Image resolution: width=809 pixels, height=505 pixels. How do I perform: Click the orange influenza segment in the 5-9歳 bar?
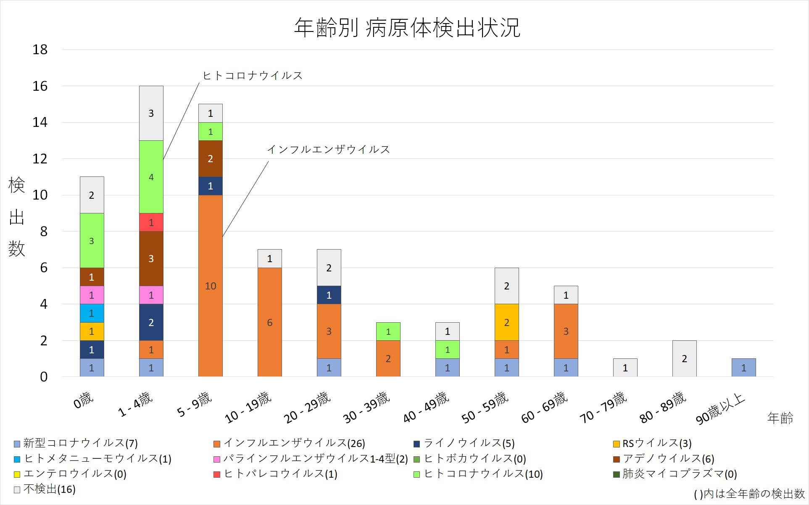click(x=210, y=286)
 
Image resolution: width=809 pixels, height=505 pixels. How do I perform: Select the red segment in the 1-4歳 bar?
click(x=151, y=222)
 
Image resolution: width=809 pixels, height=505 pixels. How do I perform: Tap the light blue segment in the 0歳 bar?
click(x=92, y=313)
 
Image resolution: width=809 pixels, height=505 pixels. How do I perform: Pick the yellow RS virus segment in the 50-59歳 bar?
click(x=506, y=322)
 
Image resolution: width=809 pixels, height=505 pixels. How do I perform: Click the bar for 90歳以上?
click(x=743, y=368)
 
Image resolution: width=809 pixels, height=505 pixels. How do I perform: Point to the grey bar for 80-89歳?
click(x=684, y=358)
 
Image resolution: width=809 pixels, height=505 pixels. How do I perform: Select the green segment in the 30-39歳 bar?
click(x=388, y=331)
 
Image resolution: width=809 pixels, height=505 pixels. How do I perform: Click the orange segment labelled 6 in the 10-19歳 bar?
click(x=269, y=322)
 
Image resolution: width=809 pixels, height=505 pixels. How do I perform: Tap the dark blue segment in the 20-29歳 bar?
click(x=329, y=295)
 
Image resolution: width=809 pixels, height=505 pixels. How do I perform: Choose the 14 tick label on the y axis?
click(x=40, y=122)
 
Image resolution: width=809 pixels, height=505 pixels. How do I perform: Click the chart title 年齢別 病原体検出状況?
click(x=407, y=28)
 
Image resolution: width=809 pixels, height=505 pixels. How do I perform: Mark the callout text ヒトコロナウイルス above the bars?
click(x=253, y=76)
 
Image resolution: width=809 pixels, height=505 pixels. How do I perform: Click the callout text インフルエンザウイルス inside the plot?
click(x=329, y=150)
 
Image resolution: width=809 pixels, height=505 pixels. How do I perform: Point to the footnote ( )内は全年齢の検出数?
click(x=749, y=494)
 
